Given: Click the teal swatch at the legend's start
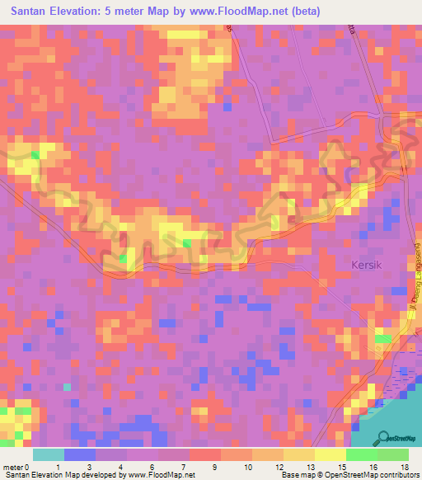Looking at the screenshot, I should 49,454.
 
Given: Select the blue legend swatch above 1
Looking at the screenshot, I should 80,454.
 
